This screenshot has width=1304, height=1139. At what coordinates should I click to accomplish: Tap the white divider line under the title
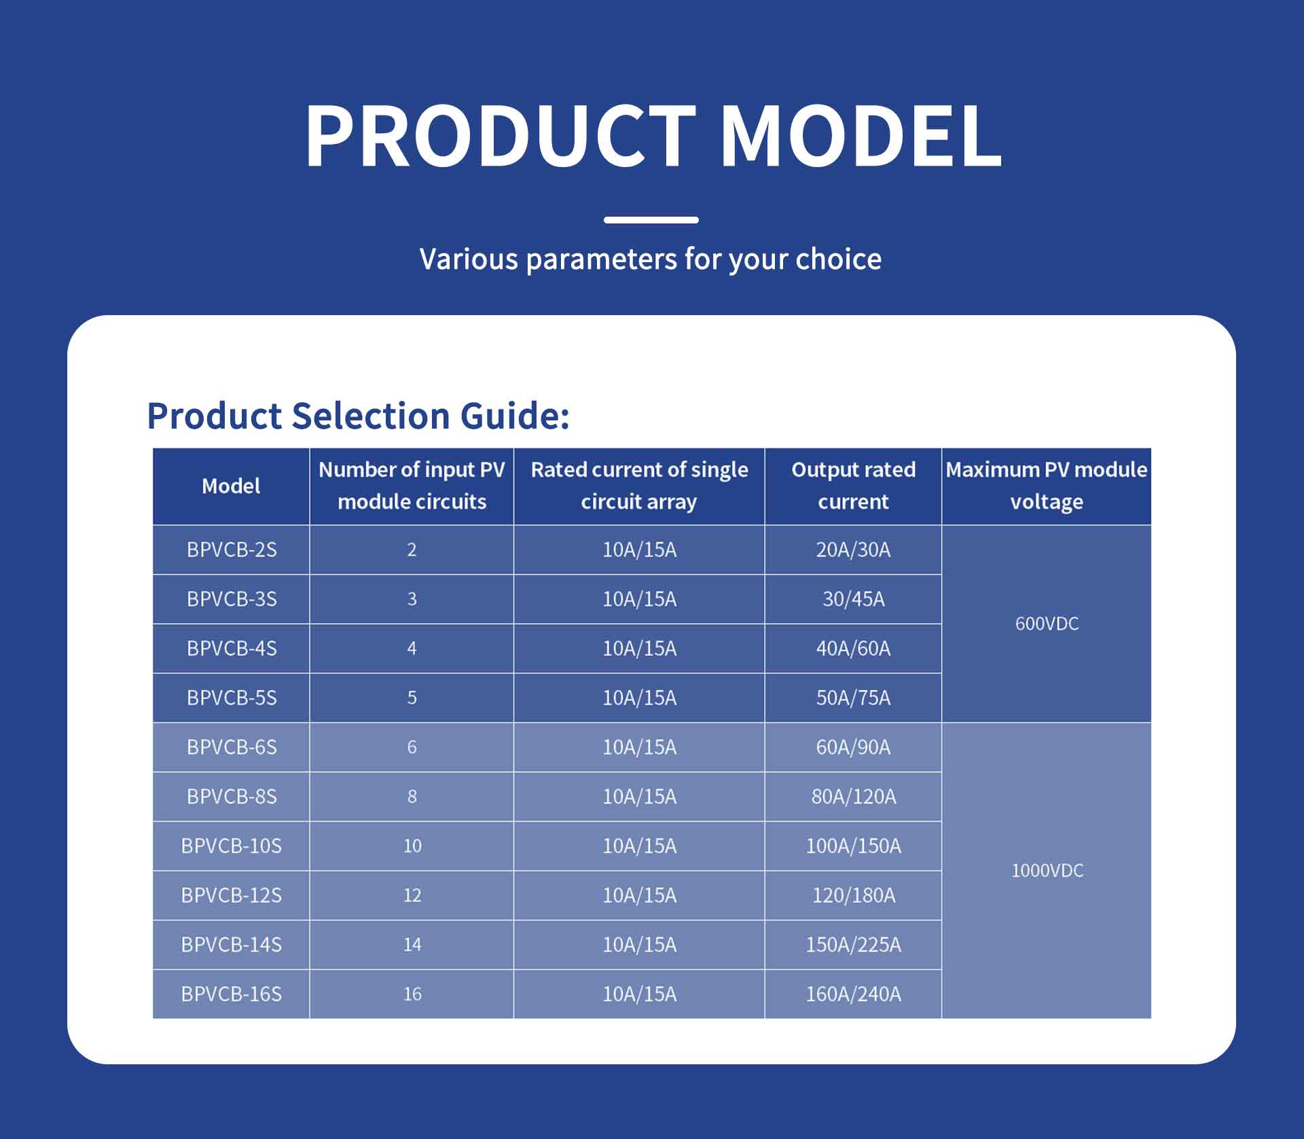[651, 220]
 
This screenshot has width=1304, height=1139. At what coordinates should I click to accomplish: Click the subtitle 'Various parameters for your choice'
[651, 259]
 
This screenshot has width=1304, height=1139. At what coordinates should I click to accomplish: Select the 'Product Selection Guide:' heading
[358, 416]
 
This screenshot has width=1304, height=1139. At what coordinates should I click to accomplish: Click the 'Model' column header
[231, 486]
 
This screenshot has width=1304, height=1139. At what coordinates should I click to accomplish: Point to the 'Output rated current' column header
[853, 486]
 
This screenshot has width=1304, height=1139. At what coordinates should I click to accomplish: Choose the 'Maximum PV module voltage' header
[1047, 486]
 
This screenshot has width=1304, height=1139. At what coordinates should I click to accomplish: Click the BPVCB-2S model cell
[232, 549]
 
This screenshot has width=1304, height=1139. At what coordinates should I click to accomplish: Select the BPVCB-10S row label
[231, 846]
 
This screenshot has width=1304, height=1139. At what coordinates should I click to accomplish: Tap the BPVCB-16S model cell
[231, 994]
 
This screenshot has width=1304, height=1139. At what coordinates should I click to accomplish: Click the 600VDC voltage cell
[1047, 623]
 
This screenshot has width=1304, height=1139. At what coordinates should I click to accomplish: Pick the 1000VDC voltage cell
[1047, 871]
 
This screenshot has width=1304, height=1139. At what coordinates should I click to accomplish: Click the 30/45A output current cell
[853, 599]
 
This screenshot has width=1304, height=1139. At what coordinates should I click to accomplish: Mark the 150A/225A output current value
[853, 944]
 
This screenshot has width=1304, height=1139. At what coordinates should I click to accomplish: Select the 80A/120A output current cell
[853, 796]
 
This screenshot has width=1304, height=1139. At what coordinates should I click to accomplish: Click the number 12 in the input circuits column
[412, 895]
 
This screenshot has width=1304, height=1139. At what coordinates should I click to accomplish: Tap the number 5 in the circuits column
[412, 698]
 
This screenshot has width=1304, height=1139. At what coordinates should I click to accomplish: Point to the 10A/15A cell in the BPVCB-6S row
[639, 747]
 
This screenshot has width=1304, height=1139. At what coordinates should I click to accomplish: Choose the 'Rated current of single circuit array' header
[639, 486]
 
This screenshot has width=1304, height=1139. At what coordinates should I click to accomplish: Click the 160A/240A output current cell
[853, 994]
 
